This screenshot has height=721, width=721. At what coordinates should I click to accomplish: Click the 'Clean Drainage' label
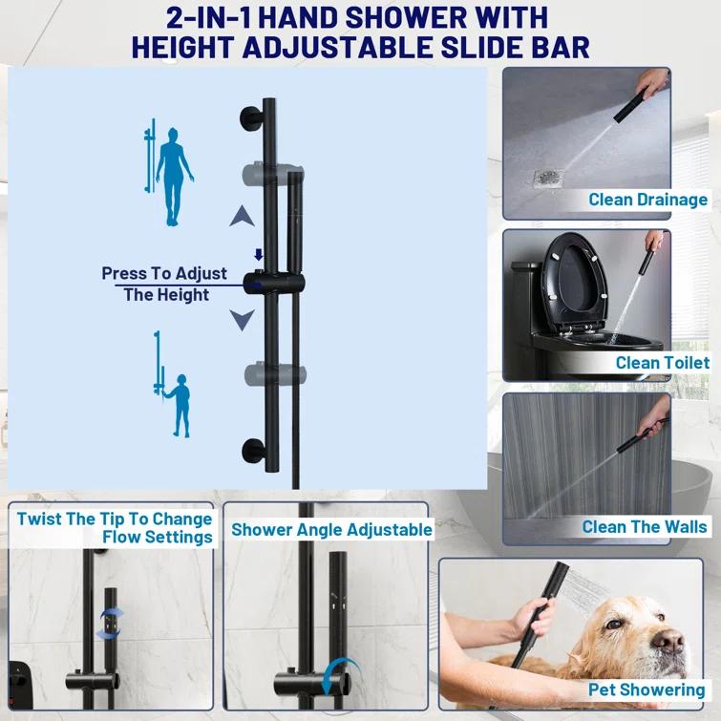click(647, 200)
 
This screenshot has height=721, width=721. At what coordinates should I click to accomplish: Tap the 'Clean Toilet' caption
click(662, 363)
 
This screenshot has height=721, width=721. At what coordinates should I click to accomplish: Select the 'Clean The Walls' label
click(645, 526)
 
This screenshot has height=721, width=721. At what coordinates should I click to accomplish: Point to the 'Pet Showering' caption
click(647, 689)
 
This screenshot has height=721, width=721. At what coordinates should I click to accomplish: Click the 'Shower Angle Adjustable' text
click(331, 529)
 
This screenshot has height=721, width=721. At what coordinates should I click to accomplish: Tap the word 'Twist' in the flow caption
click(39, 519)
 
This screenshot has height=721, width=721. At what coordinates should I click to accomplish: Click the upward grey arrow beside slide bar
click(242, 218)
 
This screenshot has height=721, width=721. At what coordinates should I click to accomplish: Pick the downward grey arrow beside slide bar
click(242, 318)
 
